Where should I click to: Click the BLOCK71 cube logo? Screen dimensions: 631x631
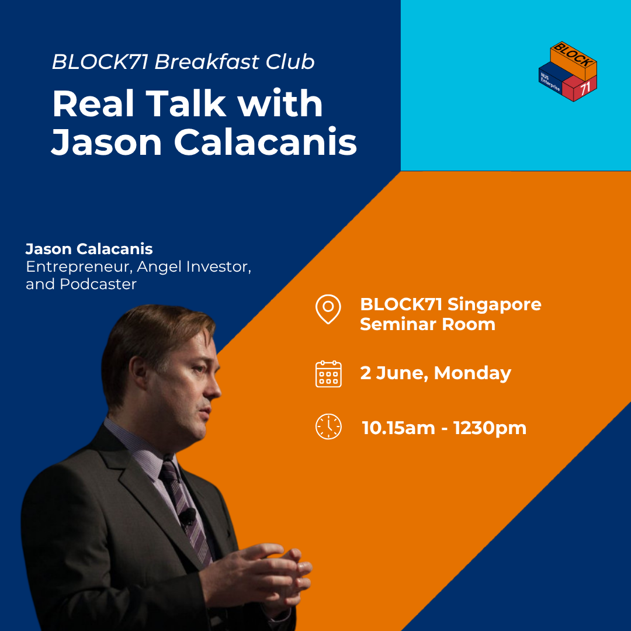point(568,71)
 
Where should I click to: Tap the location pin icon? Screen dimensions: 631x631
point(328,309)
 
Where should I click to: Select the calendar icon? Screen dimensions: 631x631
point(328,374)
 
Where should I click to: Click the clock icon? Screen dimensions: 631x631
point(328,426)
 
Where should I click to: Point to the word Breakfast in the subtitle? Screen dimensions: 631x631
point(207,61)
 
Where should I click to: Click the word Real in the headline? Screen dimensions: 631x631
point(93,103)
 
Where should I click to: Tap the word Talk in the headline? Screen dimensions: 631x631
point(186,103)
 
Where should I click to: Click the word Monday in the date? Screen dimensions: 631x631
point(473,373)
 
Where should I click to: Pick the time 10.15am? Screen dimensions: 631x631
point(398,428)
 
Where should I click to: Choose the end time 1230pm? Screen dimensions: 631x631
point(490,428)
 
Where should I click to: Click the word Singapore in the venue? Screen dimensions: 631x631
point(495,305)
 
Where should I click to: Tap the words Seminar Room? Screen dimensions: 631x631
point(427,324)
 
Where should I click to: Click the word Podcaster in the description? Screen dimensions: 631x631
point(98,284)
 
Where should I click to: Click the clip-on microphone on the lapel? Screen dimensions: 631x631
point(188,516)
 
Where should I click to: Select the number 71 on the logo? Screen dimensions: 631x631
point(585,87)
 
